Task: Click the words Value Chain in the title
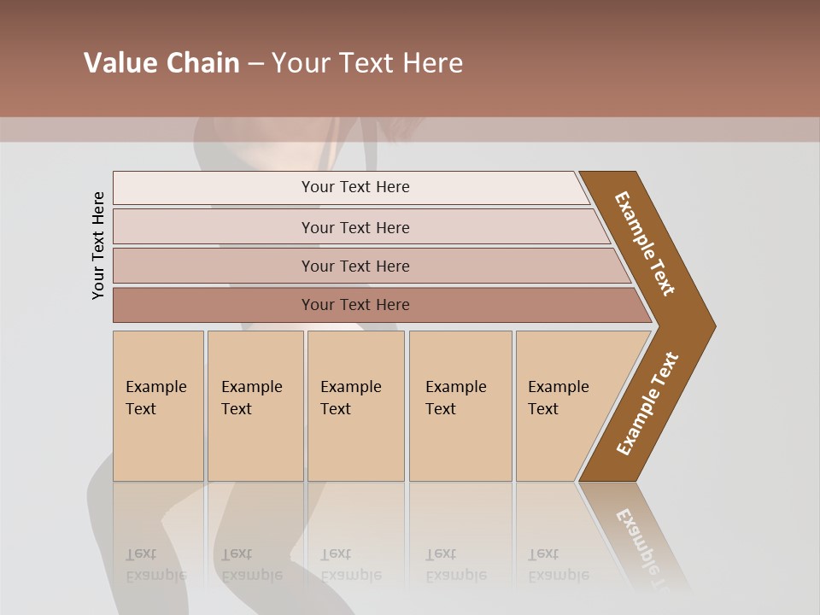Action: pyautogui.click(x=161, y=63)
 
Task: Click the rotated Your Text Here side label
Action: pyautogui.click(x=99, y=245)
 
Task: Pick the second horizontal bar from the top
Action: pyautogui.click(x=355, y=227)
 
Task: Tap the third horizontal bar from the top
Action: pyautogui.click(x=355, y=266)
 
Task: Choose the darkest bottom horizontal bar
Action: pyautogui.click(x=355, y=305)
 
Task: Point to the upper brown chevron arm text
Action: pyautogui.click(x=645, y=243)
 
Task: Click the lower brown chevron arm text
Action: pyautogui.click(x=647, y=403)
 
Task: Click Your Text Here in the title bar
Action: pyautogui.click(x=367, y=63)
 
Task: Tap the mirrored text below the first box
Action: pyautogui.click(x=156, y=565)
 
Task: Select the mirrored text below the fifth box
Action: pyautogui.click(x=559, y=565)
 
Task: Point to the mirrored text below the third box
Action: pyautogui.click(x=351, y=565)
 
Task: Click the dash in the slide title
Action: pyautogui.click(x=255, y=63)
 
